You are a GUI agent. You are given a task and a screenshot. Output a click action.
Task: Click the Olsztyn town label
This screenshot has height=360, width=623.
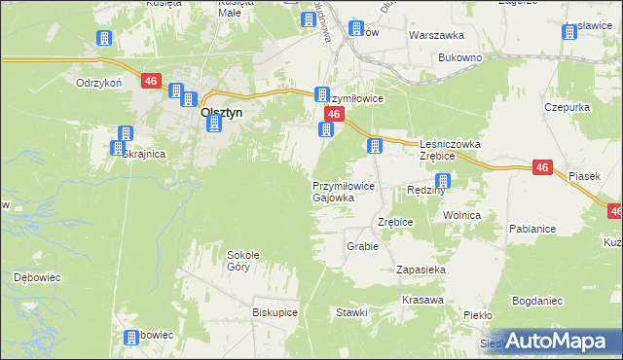click(x=221, y=112)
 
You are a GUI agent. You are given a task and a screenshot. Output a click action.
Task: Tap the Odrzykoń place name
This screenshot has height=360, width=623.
click(x=98, y=83)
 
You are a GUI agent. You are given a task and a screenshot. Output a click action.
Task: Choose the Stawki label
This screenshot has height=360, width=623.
click(x=351, y=312)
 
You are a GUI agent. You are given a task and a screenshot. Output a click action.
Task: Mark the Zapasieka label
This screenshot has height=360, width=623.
click(x=421, y=269)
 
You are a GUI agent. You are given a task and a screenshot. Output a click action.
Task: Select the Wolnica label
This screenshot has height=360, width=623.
click(x=462, y=215)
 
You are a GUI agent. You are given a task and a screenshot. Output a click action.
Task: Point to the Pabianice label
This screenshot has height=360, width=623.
click(x=531, y=229)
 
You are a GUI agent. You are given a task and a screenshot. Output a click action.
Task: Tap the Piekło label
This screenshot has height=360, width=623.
click(x=478, y=315)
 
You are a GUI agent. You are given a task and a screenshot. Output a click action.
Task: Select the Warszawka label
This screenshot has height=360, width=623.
click(x=436, y=34)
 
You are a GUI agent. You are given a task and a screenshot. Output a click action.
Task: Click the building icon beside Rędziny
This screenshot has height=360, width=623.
click(x=443, y=181)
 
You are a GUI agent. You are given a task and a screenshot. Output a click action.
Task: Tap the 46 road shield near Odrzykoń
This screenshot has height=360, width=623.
click(x=150, y=82)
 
